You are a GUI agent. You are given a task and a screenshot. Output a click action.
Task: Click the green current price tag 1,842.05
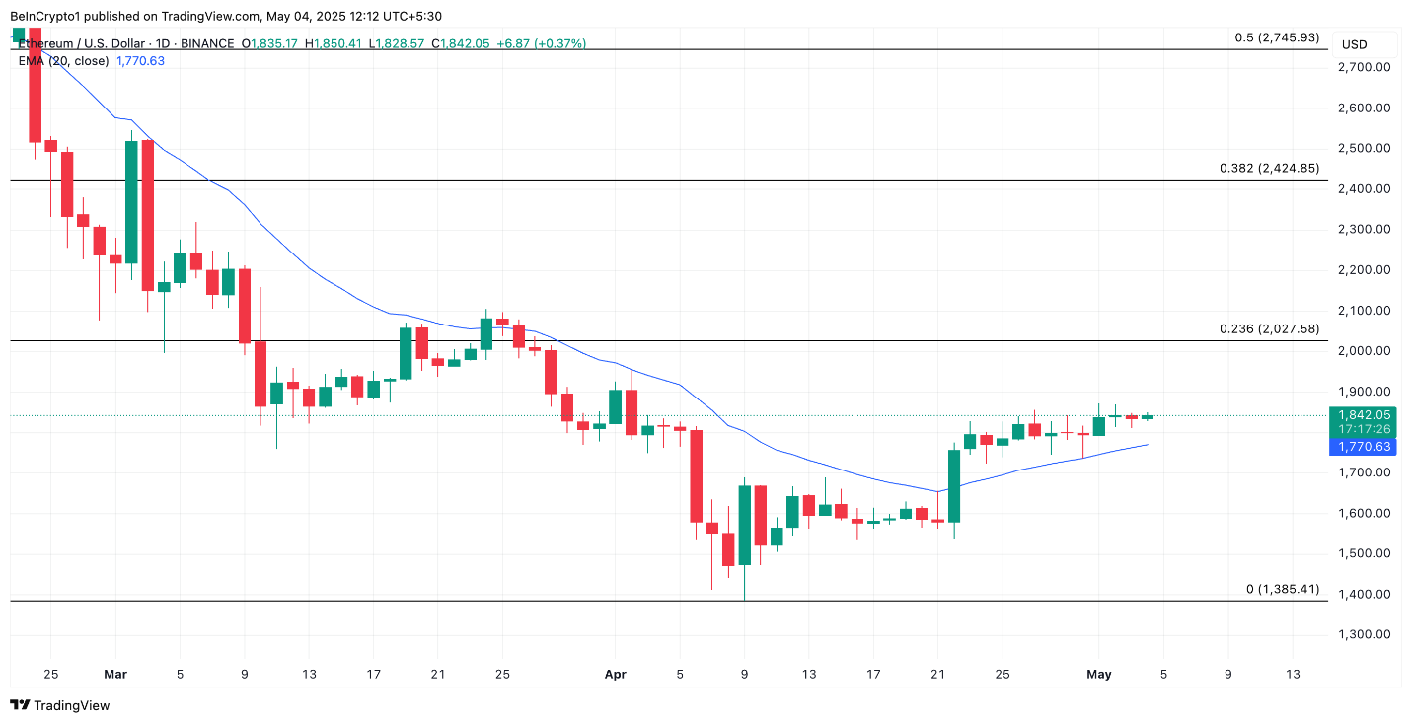point(1365,415)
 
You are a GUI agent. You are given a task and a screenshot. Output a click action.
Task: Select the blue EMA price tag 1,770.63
point(1365,447)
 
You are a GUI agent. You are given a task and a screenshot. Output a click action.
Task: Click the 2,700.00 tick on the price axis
point(1365,67)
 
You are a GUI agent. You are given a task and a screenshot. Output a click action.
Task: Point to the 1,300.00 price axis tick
point(1365,634)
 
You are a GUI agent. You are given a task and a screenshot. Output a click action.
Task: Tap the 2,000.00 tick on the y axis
point(1365,350)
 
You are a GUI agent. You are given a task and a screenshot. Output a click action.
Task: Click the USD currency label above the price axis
point(1354,44)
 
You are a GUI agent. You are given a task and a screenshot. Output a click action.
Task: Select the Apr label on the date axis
point(614,675)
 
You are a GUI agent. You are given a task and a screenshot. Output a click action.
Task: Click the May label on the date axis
point(1098,675)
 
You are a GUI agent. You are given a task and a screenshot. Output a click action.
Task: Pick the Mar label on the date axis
point(115,675)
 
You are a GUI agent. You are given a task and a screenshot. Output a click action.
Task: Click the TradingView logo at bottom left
point(60,705)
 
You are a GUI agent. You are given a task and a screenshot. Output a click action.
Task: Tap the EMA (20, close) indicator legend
point(63,61)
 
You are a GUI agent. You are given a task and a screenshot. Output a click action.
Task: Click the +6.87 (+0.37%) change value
point(541,44)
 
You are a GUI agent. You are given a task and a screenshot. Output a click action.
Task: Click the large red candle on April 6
point(696,475)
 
